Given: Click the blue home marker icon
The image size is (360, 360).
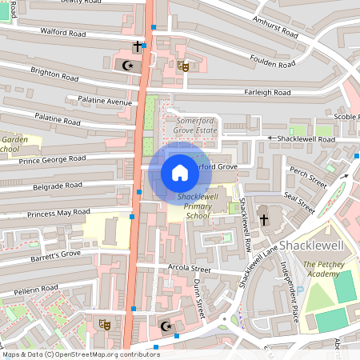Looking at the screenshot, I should click(180, 173).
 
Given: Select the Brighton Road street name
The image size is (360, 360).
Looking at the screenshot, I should click(54, 74).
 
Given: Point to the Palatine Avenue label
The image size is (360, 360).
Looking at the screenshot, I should click(104, 102).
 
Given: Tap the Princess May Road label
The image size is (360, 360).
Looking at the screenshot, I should click(59, 214).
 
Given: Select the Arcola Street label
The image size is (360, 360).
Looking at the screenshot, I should click(190, 269).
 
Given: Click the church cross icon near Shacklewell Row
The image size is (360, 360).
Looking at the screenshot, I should click(263, 218).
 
